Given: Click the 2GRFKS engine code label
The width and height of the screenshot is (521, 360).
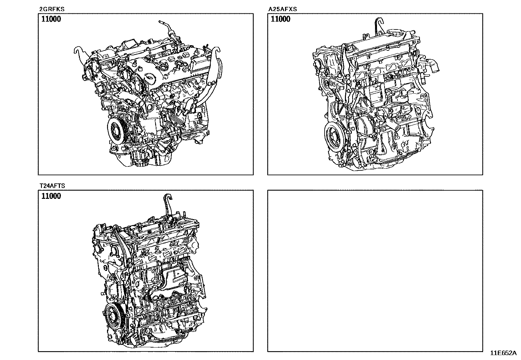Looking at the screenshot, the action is click(x=52, y=9).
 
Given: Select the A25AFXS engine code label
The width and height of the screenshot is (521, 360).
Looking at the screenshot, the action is click(x=283, y=9).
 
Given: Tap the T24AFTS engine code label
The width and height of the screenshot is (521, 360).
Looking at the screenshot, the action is click(x=52, y=186).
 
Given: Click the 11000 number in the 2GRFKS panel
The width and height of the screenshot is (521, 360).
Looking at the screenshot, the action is click(x=51, y=19).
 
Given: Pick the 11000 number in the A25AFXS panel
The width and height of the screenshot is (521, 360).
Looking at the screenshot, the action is click(x=280, y=19).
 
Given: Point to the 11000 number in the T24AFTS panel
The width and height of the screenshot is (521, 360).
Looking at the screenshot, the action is click(x=51, y=196).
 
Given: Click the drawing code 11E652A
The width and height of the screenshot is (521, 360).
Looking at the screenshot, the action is click(x=503, y=353).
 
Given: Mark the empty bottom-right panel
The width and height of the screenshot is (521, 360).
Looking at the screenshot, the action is click(x=375, y=271).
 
